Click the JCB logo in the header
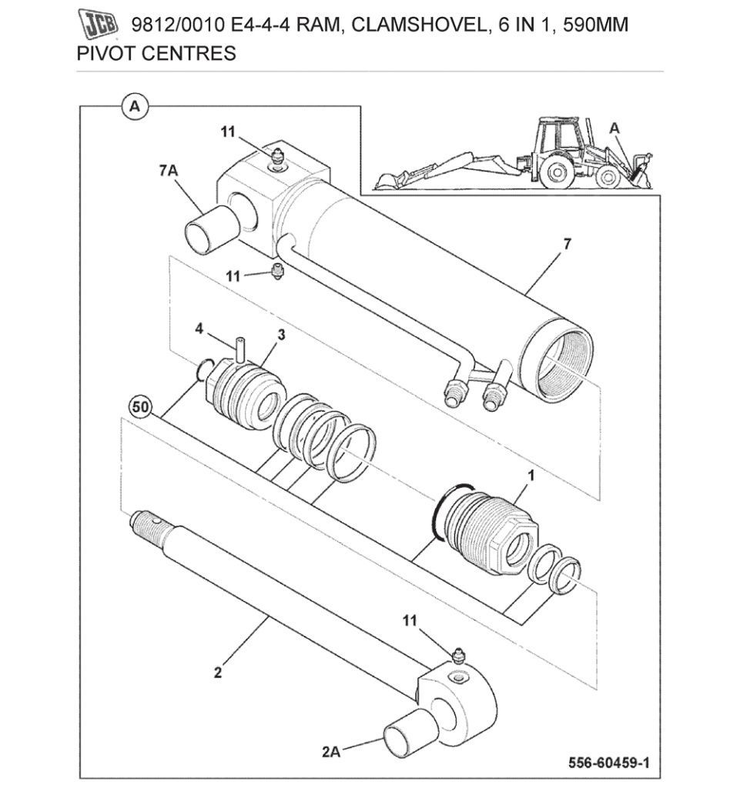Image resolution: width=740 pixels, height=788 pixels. (99, 25)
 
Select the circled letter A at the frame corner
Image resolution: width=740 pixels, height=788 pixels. (135, 106)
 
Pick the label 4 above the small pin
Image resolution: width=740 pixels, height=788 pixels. (199, 329)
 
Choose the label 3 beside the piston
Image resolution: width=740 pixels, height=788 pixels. (281, 335)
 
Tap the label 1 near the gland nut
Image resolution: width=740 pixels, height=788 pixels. (530, 476)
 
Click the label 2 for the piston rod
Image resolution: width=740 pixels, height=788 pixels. (218, 672)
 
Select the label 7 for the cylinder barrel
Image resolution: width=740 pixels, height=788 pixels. (568, 244)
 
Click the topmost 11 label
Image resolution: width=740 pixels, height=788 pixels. (227, 132)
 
